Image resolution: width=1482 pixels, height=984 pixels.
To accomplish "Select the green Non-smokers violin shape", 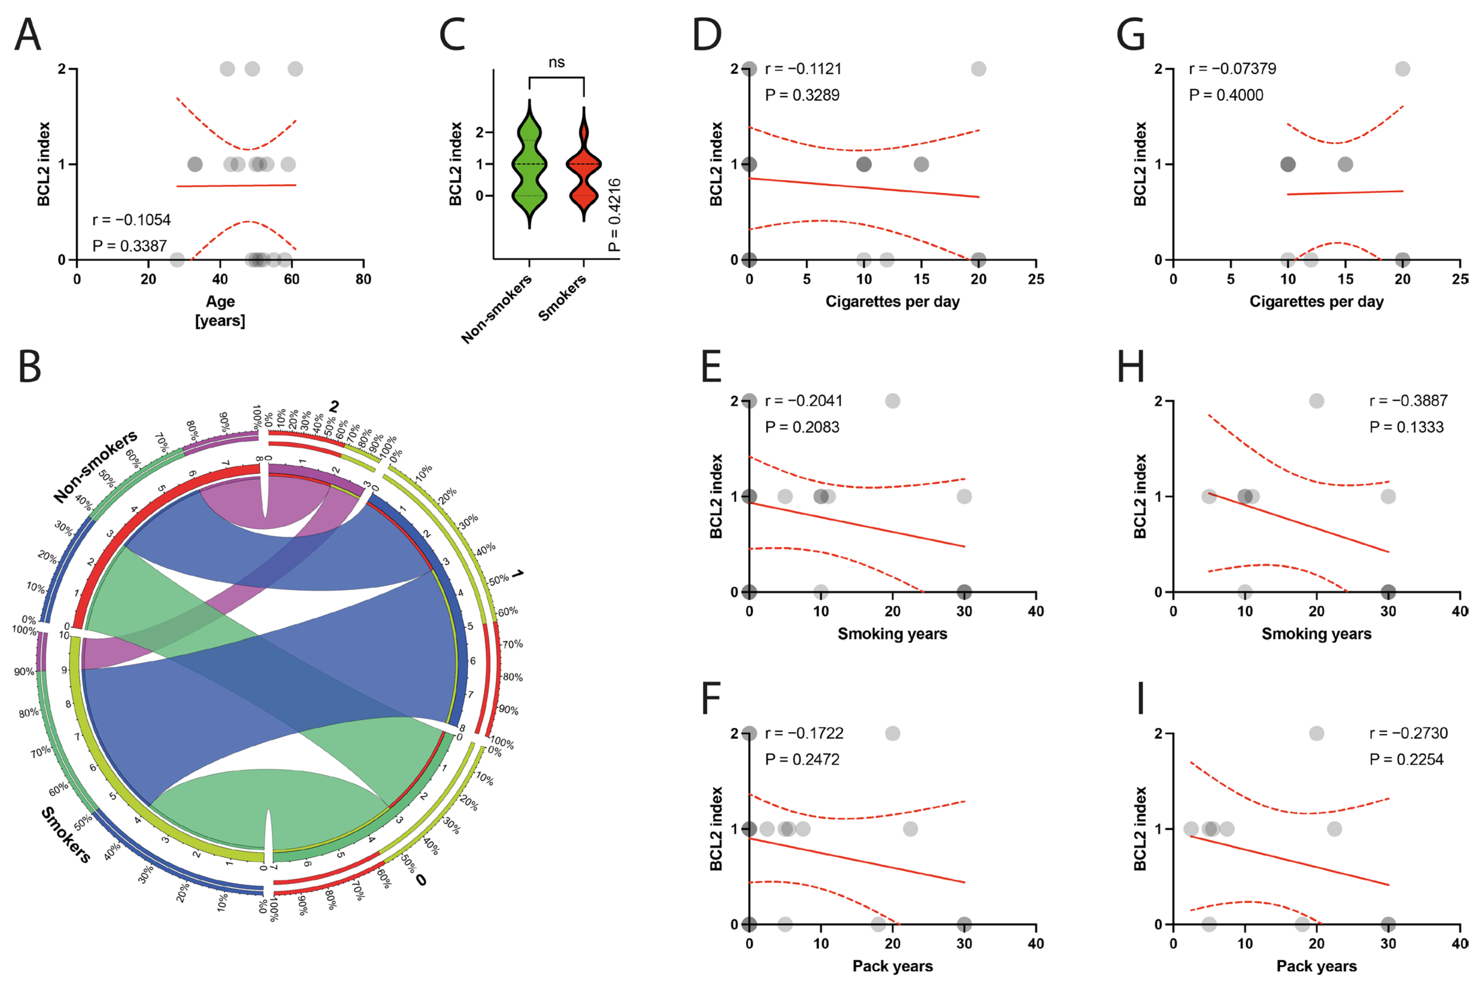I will [x=529, y=164].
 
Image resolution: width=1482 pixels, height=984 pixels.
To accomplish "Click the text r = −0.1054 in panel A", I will [x=131, y=220].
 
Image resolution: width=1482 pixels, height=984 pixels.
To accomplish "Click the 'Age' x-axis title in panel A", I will [x=220, y=302].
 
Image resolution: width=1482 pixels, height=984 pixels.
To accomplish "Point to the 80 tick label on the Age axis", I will [x=363, y=279].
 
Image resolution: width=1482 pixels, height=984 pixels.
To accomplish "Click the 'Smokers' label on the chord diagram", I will [x=66, y=835].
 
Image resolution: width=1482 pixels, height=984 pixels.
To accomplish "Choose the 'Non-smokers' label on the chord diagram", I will [x=95, y=466].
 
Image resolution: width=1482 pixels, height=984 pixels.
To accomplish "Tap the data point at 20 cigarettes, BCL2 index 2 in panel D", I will [x=978, y=69].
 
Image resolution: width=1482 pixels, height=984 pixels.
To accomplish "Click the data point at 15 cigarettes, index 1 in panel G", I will [x=1345, y=164].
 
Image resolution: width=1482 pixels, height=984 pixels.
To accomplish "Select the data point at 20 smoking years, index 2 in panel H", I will [x=1316, y=401].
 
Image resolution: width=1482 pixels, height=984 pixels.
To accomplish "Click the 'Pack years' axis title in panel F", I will [x=892, y=966].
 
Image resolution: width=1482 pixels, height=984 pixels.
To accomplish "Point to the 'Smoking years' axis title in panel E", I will [x=892, y=634].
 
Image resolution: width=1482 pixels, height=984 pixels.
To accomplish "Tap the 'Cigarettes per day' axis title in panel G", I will [x=1316, y=302].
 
